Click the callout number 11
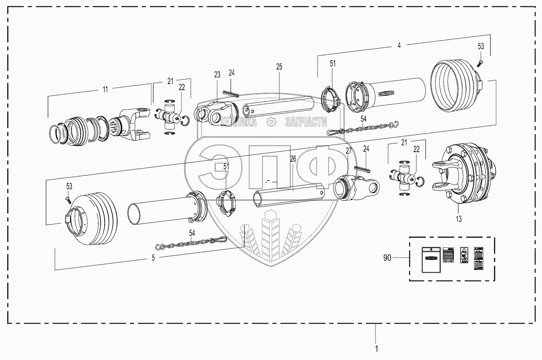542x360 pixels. click(105, 90)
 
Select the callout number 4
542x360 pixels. click(399, 46)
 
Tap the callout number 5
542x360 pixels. click(153, 259)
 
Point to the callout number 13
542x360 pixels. click(458, 219)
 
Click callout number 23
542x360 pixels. click(217, 74)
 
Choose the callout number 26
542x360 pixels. click(293, 159)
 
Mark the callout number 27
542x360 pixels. click(348, 151)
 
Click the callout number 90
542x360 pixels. click(387, 258)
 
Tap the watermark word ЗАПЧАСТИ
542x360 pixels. click(306, 122)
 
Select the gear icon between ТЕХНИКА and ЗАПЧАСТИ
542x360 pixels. click(272, 121)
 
